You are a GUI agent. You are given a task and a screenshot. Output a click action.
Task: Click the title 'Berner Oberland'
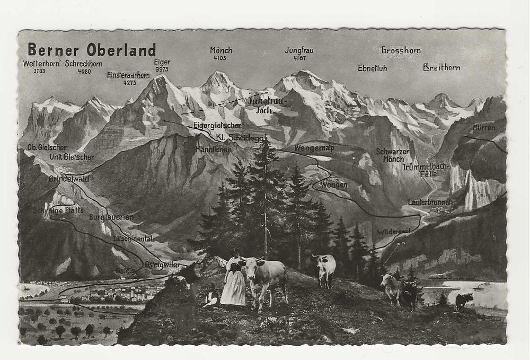click(x=92, y=49)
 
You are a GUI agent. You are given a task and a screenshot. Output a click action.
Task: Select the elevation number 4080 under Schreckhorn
click(x=84, y=71)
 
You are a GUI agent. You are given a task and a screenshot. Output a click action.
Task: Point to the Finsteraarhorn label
click(x=128, y=75)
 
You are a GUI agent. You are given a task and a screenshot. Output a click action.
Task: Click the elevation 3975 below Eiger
click(x=162, y=69)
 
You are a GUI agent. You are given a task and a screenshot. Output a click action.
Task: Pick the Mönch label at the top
click(x=221, y=50)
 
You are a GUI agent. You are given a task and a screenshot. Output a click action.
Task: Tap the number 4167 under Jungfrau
click(x=299, y=57)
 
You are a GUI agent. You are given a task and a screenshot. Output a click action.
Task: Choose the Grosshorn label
click(x=401, y=50)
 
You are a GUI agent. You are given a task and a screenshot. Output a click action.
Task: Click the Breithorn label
click(x=441, y=67)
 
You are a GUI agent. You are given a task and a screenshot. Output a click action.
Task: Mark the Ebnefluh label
click(x=372, y=68)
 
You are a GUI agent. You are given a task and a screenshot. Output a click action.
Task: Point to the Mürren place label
click(x=483, y=128)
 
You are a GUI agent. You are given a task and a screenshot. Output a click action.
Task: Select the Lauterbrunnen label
click(x=430, y=202)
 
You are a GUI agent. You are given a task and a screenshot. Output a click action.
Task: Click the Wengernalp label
click(x=314, y=148)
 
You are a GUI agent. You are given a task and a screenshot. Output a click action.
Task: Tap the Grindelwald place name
click(x=69, y=179)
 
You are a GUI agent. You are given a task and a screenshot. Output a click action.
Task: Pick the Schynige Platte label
click(x=51, y=210)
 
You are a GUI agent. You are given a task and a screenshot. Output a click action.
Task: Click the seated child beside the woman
click(x=211, y=297)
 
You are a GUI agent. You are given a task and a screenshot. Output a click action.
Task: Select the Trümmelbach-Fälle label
click(x=425, y=170)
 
